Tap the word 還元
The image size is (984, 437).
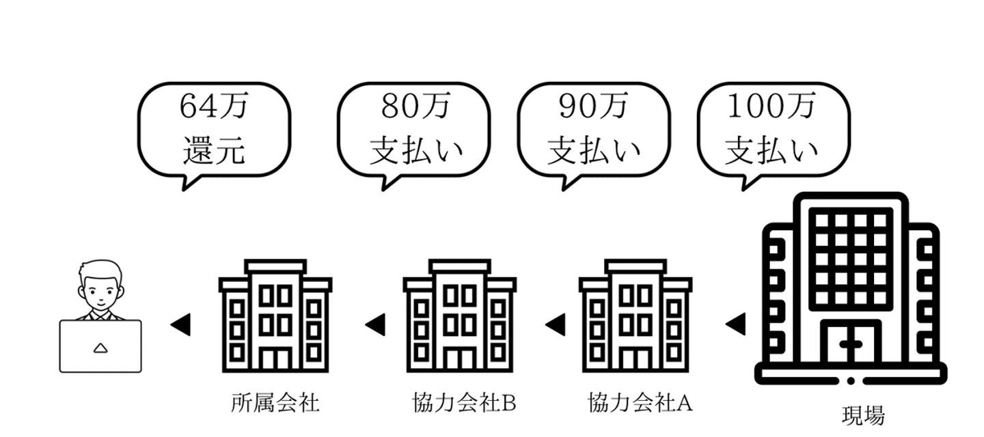214,150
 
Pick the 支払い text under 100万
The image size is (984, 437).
772,150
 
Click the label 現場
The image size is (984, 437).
862,415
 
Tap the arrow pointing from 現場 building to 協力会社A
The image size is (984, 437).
735,324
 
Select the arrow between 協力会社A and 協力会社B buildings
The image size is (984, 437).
555,324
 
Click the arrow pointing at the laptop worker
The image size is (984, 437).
180,324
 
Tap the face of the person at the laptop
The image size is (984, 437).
100,287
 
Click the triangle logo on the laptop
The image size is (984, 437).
100,348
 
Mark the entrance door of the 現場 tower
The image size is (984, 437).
850,345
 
